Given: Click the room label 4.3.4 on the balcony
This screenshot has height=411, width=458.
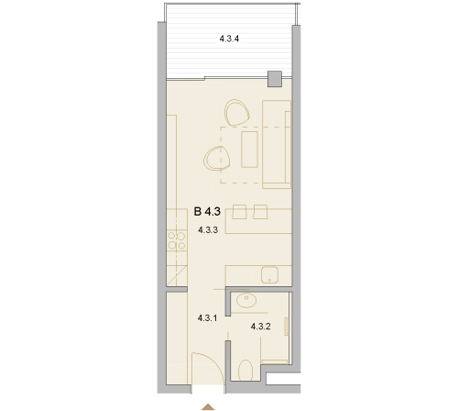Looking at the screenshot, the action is (229, 39).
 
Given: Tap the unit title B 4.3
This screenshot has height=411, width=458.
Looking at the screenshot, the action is (207, 211).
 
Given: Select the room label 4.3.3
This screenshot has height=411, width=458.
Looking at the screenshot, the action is (208, 230).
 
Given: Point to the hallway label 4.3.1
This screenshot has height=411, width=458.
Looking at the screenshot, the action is (207, 318).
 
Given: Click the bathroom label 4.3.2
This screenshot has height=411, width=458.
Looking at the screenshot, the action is (260, 327).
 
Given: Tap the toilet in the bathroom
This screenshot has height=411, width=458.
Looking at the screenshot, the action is (245, 371).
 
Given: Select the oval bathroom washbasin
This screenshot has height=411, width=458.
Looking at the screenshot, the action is (246, 301).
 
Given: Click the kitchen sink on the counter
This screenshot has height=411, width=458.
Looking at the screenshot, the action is (269, 274).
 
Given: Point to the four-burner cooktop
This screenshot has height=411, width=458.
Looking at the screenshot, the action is (177, 240).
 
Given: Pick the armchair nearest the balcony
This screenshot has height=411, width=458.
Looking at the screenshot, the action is (237, 113).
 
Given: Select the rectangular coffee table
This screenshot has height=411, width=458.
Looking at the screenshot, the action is (249, 149).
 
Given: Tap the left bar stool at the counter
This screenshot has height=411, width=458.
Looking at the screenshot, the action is (239, 212).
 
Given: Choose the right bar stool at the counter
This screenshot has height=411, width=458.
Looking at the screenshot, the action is (260, 212).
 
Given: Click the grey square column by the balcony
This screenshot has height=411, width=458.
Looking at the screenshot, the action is (275, 79).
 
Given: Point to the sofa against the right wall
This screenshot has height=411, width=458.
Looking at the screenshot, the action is (277, 144).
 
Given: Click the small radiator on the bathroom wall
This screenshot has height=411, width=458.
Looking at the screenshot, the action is (287, 327).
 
